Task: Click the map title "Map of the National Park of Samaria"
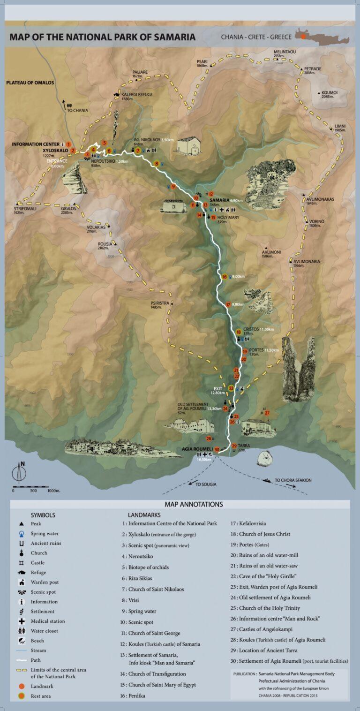point(102,37)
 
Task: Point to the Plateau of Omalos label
point(30,83)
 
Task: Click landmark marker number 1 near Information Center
point(68,144)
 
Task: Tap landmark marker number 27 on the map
point(267,413)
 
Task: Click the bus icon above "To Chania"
point(69,106)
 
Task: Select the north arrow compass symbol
point(19,472)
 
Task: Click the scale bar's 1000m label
point(54,491)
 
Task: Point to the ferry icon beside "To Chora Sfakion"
point(267,480)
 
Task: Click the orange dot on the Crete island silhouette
point(303,36)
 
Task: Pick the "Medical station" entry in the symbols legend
point(48,621)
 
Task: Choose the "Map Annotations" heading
point(194,505)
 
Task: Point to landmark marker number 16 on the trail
point(225,277)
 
